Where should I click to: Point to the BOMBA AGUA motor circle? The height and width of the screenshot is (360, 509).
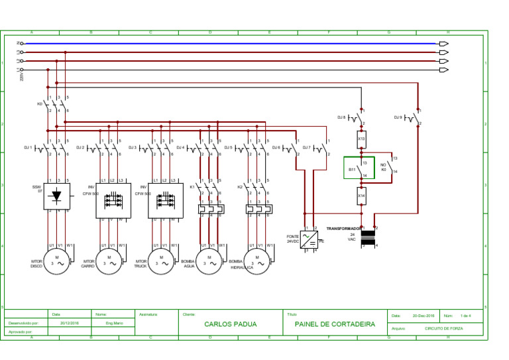(209, 261)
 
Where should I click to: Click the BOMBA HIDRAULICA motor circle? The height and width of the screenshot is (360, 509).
(257, 261)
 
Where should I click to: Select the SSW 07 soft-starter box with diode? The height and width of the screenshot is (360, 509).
(57, 196)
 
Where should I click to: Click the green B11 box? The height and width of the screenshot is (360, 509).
(359, 168)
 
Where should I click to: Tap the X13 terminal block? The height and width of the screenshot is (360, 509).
(362, 139)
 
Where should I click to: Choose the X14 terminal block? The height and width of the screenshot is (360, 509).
(362, 196)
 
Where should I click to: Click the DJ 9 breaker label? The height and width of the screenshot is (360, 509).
(398, 117)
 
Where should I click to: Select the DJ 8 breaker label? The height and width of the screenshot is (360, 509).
(341, 117)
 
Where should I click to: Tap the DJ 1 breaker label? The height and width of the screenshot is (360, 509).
(28, 147)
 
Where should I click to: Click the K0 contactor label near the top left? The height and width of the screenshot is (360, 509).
(40, 103)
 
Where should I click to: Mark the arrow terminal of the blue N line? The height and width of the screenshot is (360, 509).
(443, 44)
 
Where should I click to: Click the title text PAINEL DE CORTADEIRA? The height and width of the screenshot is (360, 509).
(335, 324)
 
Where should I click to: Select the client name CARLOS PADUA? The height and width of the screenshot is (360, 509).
(230, 324)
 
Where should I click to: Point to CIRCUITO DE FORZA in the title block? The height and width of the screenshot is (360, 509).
(443, 328)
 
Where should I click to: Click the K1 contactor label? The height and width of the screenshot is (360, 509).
(192, 187)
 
